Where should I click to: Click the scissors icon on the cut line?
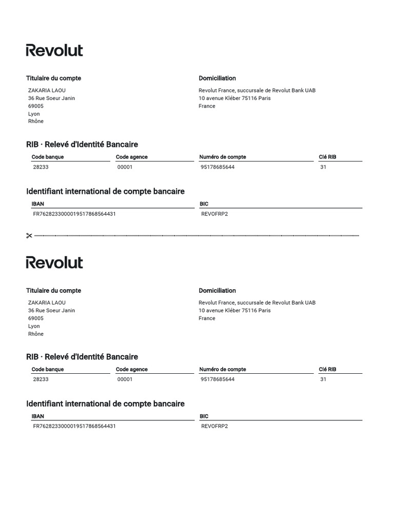[x=29, y=236]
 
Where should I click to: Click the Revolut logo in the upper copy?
[x=54, y=50]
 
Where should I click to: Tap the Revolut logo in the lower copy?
[x=54, y=262]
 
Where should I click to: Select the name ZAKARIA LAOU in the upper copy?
[x=47, y=90]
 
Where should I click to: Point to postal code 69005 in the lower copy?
[x=36, y=318]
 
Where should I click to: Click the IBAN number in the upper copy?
[x=74, y=214]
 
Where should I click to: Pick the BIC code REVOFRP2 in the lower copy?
[x=214, y=426]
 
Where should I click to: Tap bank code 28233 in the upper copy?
[x=41, y=167]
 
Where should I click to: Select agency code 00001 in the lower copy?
[x=125, y=379]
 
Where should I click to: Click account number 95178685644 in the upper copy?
[x=218, y=167]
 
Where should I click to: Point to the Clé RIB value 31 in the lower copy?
[x=323, y=379]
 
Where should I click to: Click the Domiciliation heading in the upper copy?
[x=218, y=78]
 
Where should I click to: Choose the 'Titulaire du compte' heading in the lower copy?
[x=54, y=291]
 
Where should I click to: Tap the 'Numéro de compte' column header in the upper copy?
[x=223, y=157]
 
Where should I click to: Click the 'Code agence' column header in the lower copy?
[x=132, y=369]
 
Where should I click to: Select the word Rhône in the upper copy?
[x=36, y=122]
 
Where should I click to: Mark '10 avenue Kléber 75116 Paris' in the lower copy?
[x=234, y=310]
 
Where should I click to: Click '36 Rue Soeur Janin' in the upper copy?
[x=51, y=98]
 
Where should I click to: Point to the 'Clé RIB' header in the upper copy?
[x=327, y=157]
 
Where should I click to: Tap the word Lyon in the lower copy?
[x=34, y=326]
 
